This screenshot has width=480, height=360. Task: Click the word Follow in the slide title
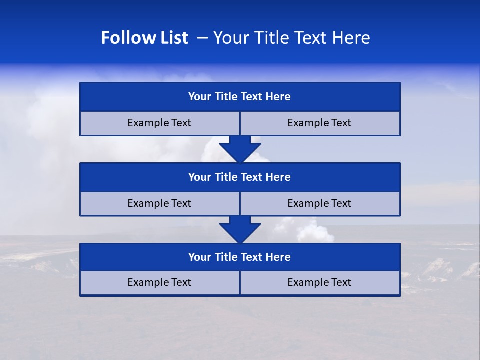122,38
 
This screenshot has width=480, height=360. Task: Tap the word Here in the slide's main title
352,38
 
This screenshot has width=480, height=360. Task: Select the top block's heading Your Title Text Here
239,97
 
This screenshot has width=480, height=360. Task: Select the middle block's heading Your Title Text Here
239,177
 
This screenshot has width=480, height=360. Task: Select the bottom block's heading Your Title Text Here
239,257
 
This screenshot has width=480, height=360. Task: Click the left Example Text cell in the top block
159,123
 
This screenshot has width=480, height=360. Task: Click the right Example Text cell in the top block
319,123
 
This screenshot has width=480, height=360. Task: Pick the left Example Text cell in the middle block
159,203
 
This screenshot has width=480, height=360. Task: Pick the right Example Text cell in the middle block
319,203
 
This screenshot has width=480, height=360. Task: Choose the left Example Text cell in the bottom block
159,282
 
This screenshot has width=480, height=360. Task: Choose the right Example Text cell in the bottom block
319,282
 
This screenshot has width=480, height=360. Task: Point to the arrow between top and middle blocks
240,148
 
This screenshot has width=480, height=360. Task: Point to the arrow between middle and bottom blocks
240,229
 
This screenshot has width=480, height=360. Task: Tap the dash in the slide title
202,37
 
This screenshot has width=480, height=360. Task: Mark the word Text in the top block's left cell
181,123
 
